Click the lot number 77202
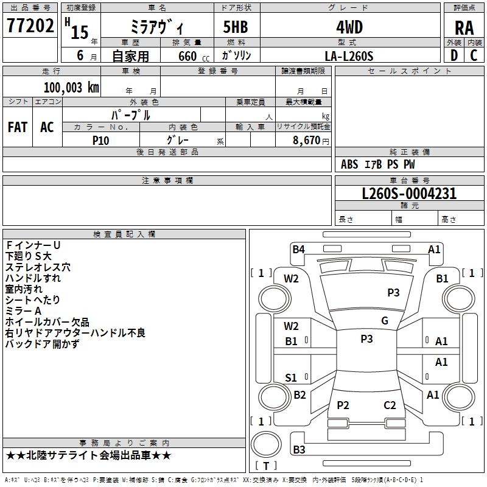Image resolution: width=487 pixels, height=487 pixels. (x=29, y=26)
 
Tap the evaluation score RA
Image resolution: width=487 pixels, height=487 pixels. (x=464, y=27)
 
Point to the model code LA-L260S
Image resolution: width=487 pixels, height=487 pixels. (x=349, y=55)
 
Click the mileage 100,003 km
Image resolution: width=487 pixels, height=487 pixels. (x=71, y=87)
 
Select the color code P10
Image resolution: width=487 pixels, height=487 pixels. (x=100, y=140)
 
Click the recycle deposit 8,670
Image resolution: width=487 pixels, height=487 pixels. (x=306, y=140)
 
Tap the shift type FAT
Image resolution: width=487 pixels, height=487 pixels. (x=18, y=127)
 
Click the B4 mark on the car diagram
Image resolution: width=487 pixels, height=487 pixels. (x=298, y=248)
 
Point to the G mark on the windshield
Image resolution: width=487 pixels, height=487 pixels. (x=385, y=321)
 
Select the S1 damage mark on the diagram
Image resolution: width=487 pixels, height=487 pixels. (x=291, y=378)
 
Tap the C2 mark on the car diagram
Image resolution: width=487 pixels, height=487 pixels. (x=390, y=405)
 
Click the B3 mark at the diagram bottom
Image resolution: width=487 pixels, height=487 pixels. (x=299, y=450)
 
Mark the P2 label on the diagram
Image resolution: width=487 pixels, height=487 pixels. (x=343, y=405)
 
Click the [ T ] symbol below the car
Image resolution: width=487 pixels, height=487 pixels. (x=266, y=466)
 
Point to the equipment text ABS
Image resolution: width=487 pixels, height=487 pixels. (x=349, y=164)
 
